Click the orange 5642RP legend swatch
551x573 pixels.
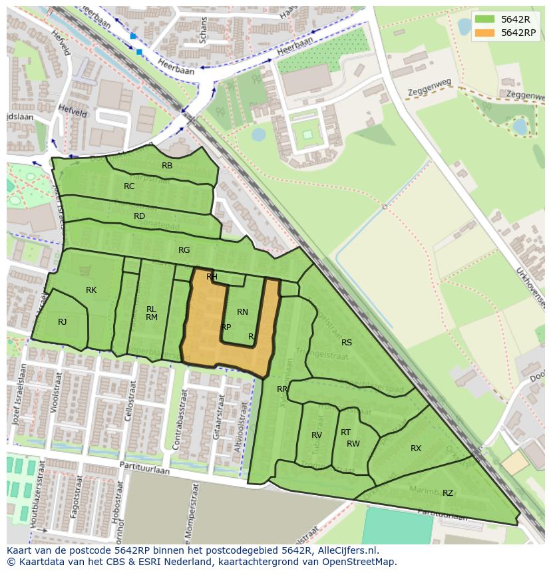484,33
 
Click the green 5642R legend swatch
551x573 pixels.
484,19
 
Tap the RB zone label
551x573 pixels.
167,166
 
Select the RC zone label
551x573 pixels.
129,186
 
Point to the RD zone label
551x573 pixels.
139,216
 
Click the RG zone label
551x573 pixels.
184,250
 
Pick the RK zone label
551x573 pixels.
91,290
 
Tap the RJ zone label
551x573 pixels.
62,322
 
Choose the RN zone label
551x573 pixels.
242,312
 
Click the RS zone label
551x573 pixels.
347,343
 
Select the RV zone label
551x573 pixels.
317,435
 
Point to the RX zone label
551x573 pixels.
416,449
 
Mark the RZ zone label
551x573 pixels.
448,493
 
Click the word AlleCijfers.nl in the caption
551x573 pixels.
347,551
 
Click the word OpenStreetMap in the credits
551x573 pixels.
360,562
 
